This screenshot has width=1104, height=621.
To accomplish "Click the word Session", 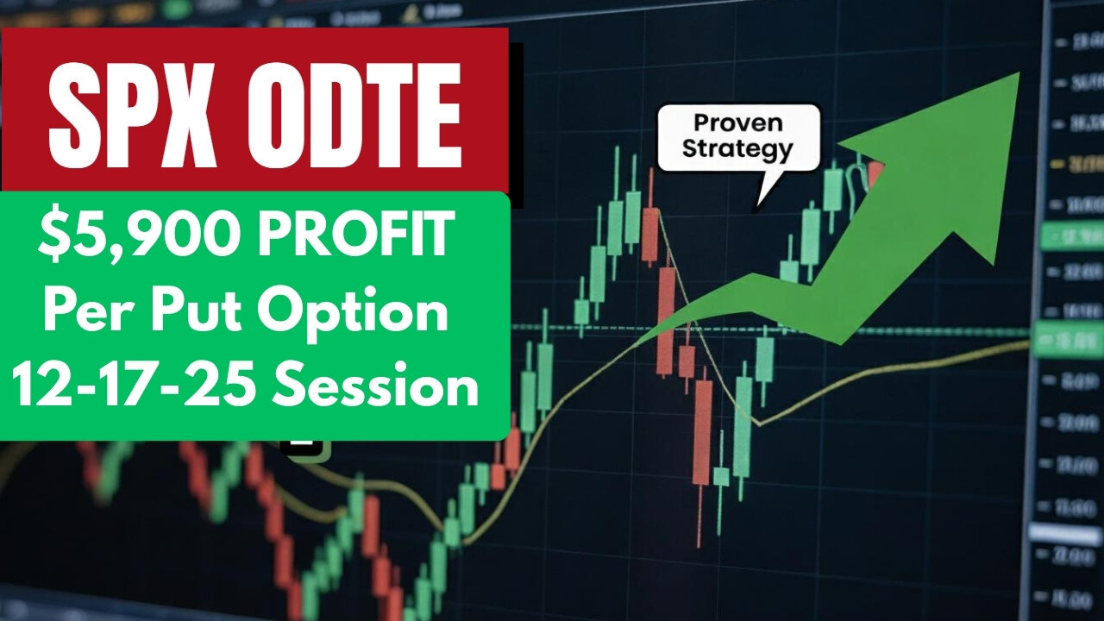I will click(373, 386).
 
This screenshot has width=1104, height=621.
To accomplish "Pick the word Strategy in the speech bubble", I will click(737, 149).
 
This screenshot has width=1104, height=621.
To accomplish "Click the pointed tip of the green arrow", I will click(1019, 73).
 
